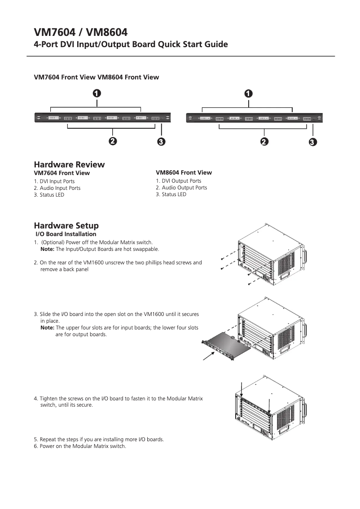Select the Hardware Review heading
pos(69,164)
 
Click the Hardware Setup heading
pos(66,225)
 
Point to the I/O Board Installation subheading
pos(66,234)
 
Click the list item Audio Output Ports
pos(181,188)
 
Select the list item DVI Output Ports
pos(179,181)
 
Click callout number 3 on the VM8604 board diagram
pos(313,142)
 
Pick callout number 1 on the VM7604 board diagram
pos(97,93)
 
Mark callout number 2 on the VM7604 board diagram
pos(113,141)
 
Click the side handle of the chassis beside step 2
pos(306,258)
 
